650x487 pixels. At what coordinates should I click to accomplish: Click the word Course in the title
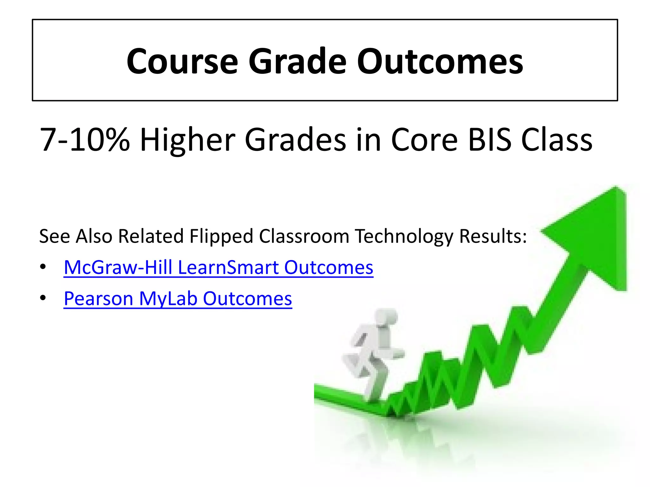pyautogui.click(x=182, y=61)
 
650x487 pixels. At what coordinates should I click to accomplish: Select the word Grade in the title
pyautogui.click(x=297, y=61)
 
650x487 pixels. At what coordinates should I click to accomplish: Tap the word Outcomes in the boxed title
pyautogui.click(x=440, y=61)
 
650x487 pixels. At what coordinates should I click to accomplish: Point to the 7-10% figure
pyautogui.click(x=85, y=140)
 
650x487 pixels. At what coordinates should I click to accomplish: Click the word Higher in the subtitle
pyautogui.click(x=188, y=140)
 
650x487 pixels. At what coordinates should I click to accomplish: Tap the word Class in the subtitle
pyautogui.click(x=557, y=140)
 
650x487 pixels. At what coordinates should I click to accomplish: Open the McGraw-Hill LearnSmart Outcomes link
pyautogui.click(x=218, y=267)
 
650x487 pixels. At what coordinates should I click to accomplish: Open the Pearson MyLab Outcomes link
pyautogui.click(x=178, y=299)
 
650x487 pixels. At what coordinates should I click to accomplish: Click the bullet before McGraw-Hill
pyautogui.click(x=43, y=267)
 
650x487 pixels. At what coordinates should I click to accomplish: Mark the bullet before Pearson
pyautogui.click(x=43, y=298)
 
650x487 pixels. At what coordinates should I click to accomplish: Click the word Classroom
pyautogui.click(x=304, y=237)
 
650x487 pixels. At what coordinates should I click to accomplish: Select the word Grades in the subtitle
pyautogui.click(x=295, y=140)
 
